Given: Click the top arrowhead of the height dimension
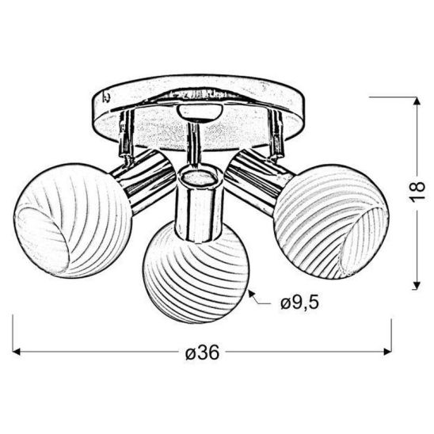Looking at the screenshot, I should (x=417, y=100).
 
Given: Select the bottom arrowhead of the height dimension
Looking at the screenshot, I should (x=417, y=287).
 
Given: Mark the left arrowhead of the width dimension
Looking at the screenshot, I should (x=18, y=352).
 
